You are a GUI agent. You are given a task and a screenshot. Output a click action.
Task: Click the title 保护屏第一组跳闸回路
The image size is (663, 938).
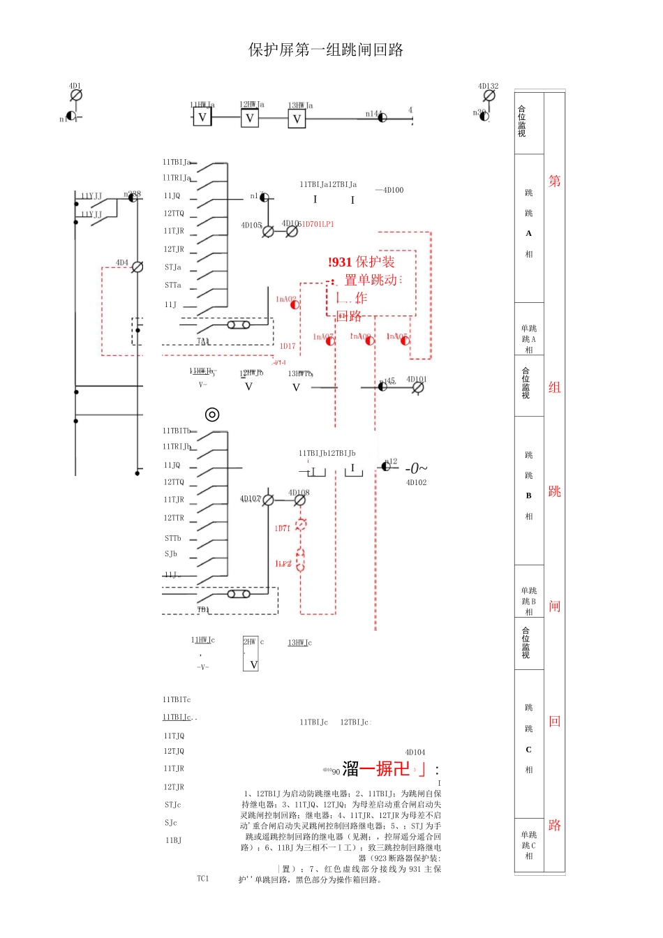326,50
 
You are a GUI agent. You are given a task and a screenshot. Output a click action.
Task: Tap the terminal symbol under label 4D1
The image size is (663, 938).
77,95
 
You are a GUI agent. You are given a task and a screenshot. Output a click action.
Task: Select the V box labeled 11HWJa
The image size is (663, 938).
202,117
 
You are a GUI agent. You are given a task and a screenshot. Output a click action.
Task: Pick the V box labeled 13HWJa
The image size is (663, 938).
297,119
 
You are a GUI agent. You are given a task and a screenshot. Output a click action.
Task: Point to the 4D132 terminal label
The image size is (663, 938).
488,86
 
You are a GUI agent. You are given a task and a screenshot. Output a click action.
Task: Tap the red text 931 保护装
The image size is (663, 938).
362,262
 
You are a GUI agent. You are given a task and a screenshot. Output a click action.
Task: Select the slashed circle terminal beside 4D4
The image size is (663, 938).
137,267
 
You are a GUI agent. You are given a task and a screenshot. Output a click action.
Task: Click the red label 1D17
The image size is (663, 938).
288,346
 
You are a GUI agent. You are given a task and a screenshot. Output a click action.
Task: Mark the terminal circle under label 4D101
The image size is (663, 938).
418,387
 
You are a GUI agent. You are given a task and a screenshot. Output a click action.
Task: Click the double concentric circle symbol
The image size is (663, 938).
212,415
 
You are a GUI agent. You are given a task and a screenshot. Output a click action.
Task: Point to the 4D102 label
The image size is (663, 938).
416,482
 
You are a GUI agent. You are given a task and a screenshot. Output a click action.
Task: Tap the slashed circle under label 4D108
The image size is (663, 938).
300,500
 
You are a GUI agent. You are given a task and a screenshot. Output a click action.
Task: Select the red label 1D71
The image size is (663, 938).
282,528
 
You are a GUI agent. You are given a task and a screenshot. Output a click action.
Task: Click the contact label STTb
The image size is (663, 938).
173,538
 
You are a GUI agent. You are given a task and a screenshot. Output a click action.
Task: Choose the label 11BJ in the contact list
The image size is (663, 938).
173,840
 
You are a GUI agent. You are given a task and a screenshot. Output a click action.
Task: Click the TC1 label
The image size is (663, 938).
202,879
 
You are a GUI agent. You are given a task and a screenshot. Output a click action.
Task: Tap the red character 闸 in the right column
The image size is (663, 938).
554,606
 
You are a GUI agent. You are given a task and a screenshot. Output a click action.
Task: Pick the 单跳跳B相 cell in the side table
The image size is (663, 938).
529,601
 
